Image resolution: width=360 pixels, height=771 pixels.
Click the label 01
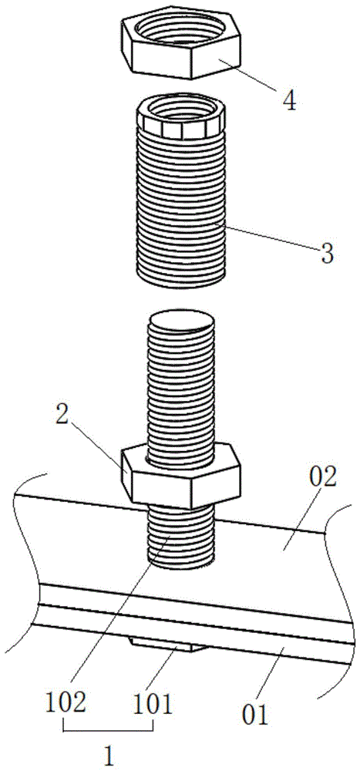(x=254, y=714)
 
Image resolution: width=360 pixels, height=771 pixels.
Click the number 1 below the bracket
(x=109, y=756)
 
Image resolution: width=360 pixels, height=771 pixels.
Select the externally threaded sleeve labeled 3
(x=180, y=197)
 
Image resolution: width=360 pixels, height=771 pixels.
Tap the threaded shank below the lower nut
(x=181, y=535)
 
